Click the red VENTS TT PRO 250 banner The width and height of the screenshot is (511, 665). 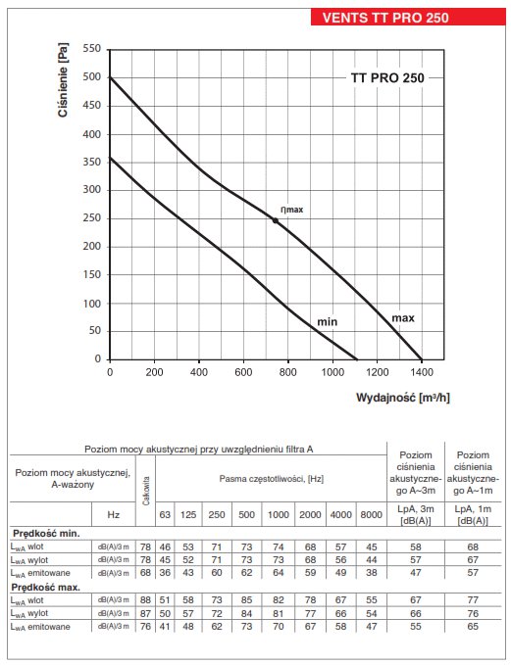(408, 17)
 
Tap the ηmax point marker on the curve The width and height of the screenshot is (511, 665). (276, 220)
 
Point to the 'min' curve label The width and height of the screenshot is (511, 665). (327, 322)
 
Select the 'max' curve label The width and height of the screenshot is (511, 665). (403, 318)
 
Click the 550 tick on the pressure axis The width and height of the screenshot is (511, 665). (92, 48)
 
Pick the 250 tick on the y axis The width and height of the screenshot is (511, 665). (92, 218)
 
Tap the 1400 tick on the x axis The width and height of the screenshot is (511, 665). (422, 372)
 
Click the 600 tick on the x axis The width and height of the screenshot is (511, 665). (243, 372)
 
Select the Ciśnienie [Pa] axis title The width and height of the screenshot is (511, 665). (63, 79)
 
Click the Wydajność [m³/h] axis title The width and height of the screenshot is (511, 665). (403, 398)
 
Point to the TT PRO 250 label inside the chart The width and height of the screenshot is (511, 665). (387, 78)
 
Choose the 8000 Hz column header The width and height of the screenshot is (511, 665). (372, 514)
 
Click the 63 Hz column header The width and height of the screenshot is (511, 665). (165, 514)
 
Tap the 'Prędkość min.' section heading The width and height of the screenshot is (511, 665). (46, 533)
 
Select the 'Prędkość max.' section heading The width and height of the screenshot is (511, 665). (45, 588)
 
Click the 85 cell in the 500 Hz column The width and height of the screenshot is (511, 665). (246, 600)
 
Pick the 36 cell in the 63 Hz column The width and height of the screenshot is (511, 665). (165, 573)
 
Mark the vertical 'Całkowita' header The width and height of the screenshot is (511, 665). (146, 491)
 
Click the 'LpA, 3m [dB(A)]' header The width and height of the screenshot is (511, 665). (416, 514)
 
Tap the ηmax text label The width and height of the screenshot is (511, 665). (292, 210)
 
